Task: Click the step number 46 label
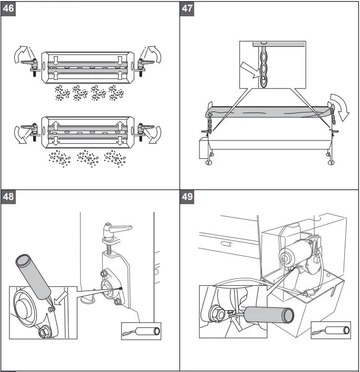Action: (9, 9)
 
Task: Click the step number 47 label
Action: (188, 9)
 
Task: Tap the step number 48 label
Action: (9, 197)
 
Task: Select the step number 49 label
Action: (188, 197)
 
